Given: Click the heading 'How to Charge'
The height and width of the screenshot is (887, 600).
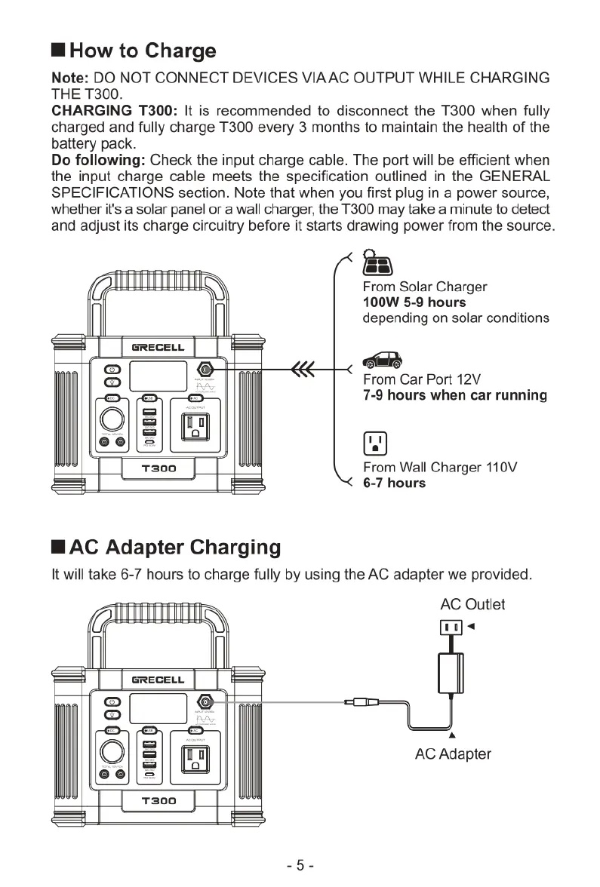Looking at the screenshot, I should [142, 51].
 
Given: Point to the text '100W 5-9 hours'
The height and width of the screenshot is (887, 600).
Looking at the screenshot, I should [414, 302].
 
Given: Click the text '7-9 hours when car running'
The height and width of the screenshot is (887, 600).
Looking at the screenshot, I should [454, 395].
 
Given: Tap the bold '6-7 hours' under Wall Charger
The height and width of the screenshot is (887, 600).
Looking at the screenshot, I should [394, 483].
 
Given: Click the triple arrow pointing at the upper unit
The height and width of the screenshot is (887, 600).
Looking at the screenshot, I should [302, 369].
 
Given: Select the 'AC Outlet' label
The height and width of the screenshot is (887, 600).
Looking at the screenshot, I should [472, 604].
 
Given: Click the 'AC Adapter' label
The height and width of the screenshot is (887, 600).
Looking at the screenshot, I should [453, 753].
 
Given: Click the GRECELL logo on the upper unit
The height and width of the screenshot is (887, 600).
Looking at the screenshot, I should [158, 348].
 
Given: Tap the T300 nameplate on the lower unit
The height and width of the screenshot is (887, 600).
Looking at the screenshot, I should [158, 800].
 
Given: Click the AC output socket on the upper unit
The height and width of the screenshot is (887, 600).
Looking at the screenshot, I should [195, 428].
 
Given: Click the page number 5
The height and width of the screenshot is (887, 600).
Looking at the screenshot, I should [300, 865].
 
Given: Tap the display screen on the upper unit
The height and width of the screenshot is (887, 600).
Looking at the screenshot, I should [158, 375].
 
